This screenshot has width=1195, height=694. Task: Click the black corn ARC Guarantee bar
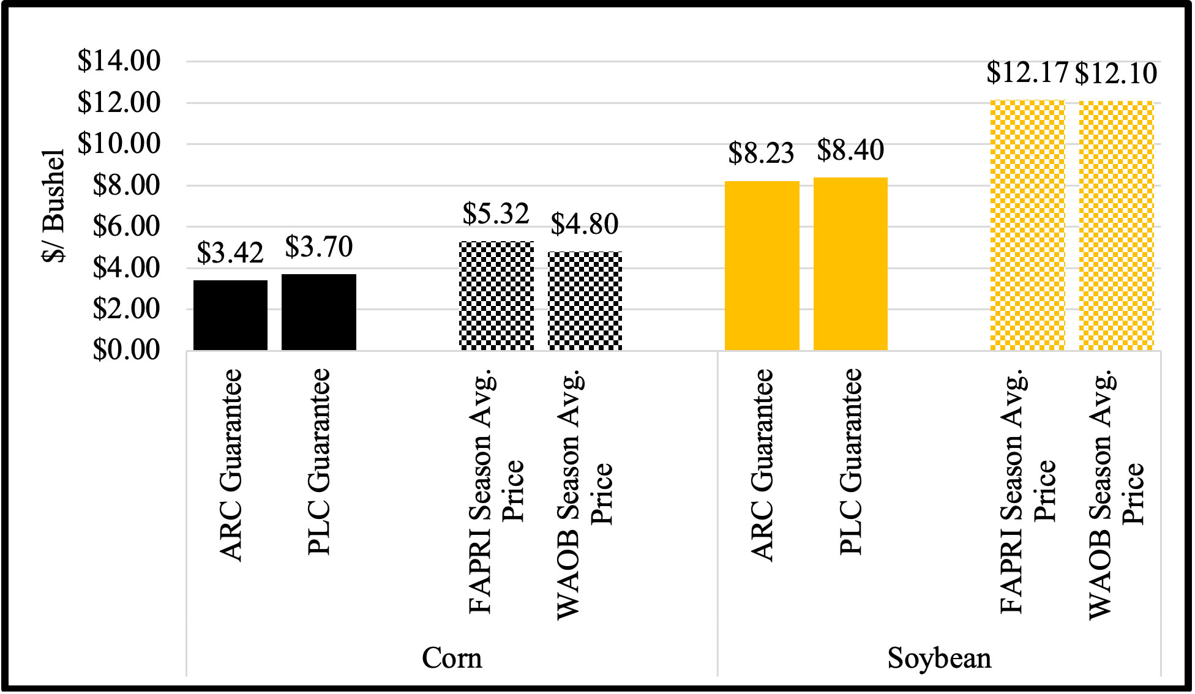230,315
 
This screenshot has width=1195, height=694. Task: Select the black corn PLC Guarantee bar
318,312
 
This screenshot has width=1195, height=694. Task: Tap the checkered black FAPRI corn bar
496,296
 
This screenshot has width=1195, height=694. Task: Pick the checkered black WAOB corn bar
585,300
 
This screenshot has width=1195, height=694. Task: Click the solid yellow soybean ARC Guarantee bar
762,266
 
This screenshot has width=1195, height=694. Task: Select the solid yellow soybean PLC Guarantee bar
850,264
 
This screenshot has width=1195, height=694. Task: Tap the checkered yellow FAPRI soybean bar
1027,225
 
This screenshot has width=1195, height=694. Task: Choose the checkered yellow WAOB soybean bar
1116,226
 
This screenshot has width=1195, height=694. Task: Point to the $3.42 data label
230,252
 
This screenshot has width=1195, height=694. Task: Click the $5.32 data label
496,213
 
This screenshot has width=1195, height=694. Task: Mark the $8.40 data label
850,149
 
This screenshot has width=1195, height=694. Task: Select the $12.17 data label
1027,73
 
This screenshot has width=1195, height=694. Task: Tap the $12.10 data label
1116,74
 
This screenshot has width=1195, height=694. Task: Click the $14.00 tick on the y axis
119,61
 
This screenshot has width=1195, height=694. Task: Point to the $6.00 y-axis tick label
126,226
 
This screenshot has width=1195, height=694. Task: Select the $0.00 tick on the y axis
126,351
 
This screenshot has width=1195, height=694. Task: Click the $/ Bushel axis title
54,205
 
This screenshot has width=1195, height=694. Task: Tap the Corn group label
452,659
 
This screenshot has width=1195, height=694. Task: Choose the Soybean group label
939,659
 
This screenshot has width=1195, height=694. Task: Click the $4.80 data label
585,224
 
